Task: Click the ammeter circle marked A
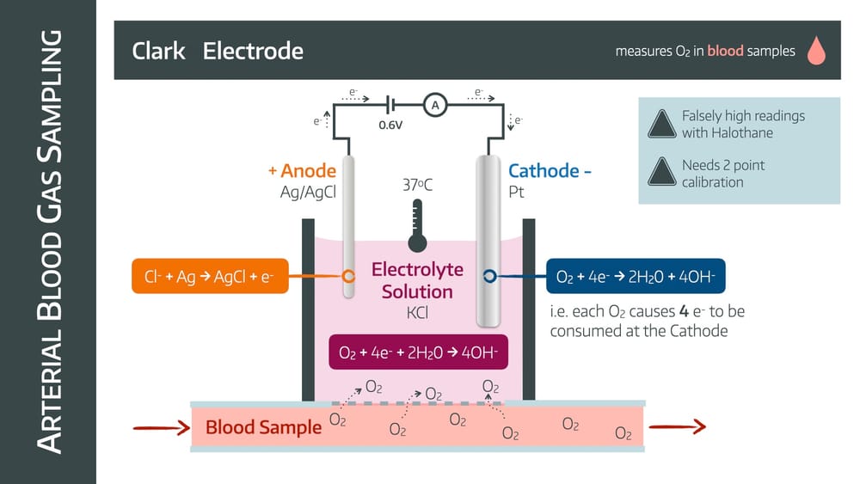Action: tap(435, 105)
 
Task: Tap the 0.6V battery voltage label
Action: tap(392, 125)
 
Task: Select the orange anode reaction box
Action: tap(210, 276)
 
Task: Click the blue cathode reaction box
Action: tap(636, 276)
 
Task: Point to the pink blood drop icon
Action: tap(815, 52)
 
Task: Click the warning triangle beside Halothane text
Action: tap(661, 125)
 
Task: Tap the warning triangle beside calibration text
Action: tap(661, 172)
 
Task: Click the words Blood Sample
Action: tap(263, 427)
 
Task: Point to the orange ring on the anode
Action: tap(348, 276)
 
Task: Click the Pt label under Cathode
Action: tap(516, 192)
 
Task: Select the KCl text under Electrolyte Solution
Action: tap(418, 312)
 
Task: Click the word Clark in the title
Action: tap(158, 51)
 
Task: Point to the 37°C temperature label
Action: tap(418, 185)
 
